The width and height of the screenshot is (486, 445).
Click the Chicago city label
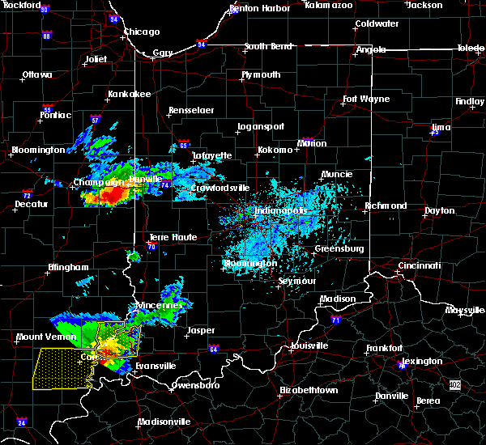pos(141,32)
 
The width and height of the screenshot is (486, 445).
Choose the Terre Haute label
pos(168,237)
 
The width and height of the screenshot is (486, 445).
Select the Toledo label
pos(470,49)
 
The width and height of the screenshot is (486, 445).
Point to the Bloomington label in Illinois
pos(38,150)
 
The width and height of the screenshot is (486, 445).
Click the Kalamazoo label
pos(329,5)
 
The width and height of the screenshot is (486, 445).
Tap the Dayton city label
pos(439,210)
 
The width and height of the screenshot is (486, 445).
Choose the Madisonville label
pos(164,422)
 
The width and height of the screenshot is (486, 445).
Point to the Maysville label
pos(465,310)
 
